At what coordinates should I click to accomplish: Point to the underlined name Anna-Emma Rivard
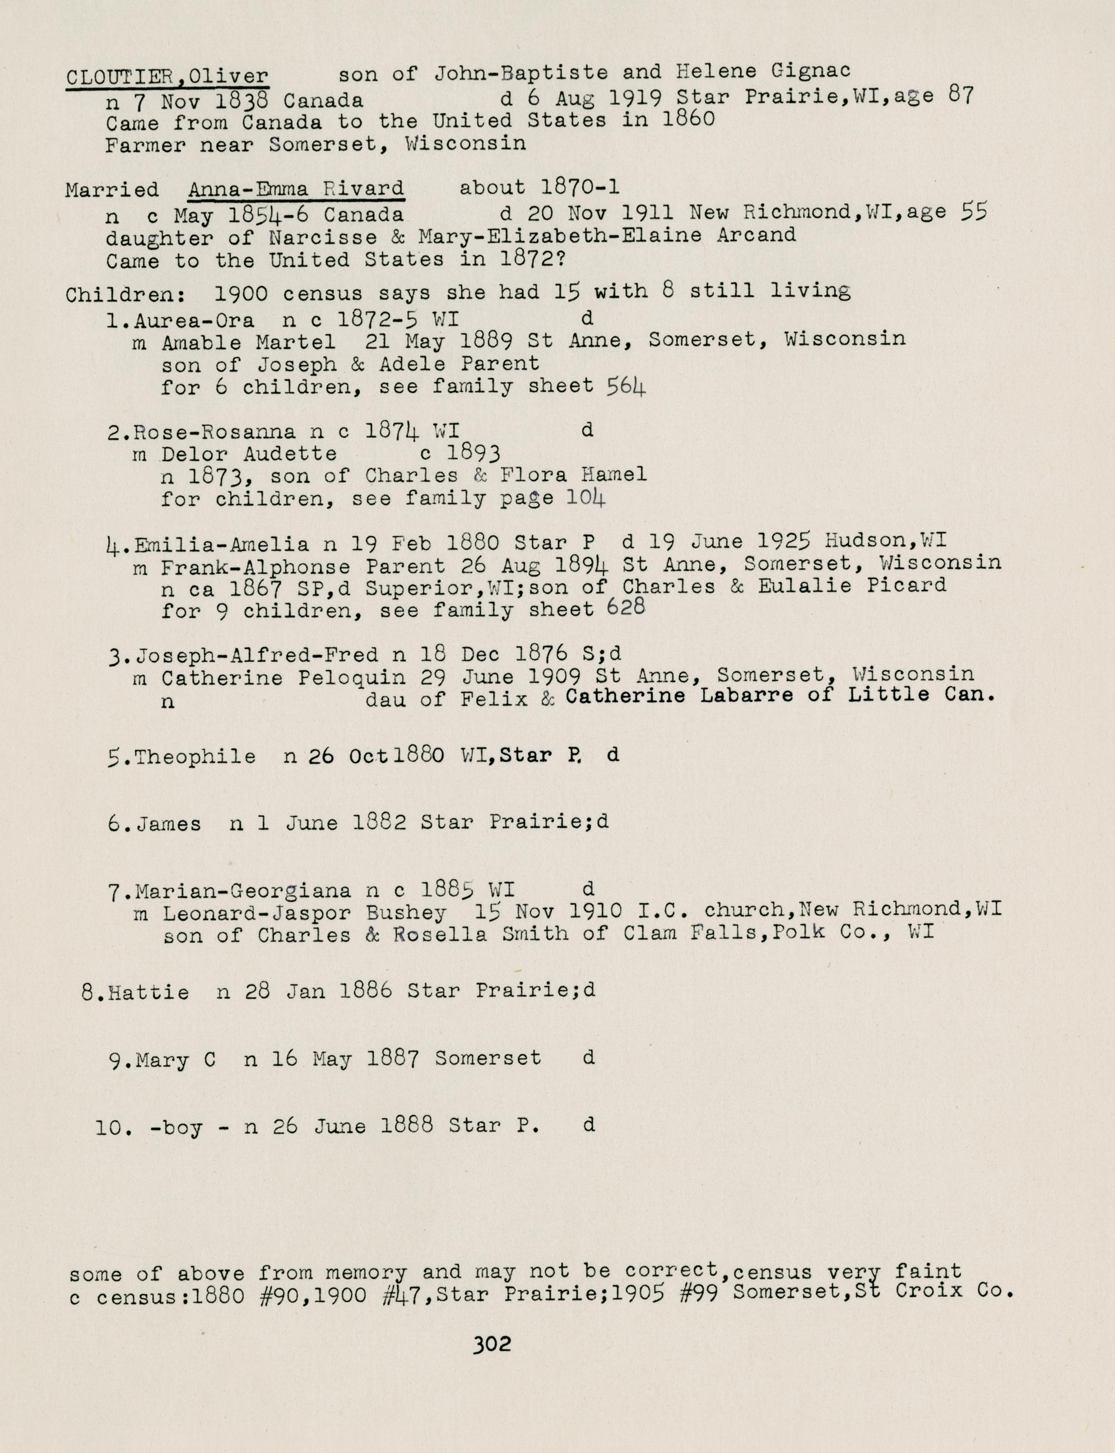click(x=295, y=189)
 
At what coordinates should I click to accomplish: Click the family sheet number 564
click(x=626, y=386)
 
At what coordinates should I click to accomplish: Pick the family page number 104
click(x=586, y=497)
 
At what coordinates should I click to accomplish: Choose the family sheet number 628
click(x=626, y=608)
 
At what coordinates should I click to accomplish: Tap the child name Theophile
click(x=195, y=756)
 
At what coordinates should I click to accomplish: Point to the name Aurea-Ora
click(x=194, y=321)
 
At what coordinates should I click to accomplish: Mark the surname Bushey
click(x=406, y=913)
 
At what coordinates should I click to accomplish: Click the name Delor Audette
click(x=249, y=454)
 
